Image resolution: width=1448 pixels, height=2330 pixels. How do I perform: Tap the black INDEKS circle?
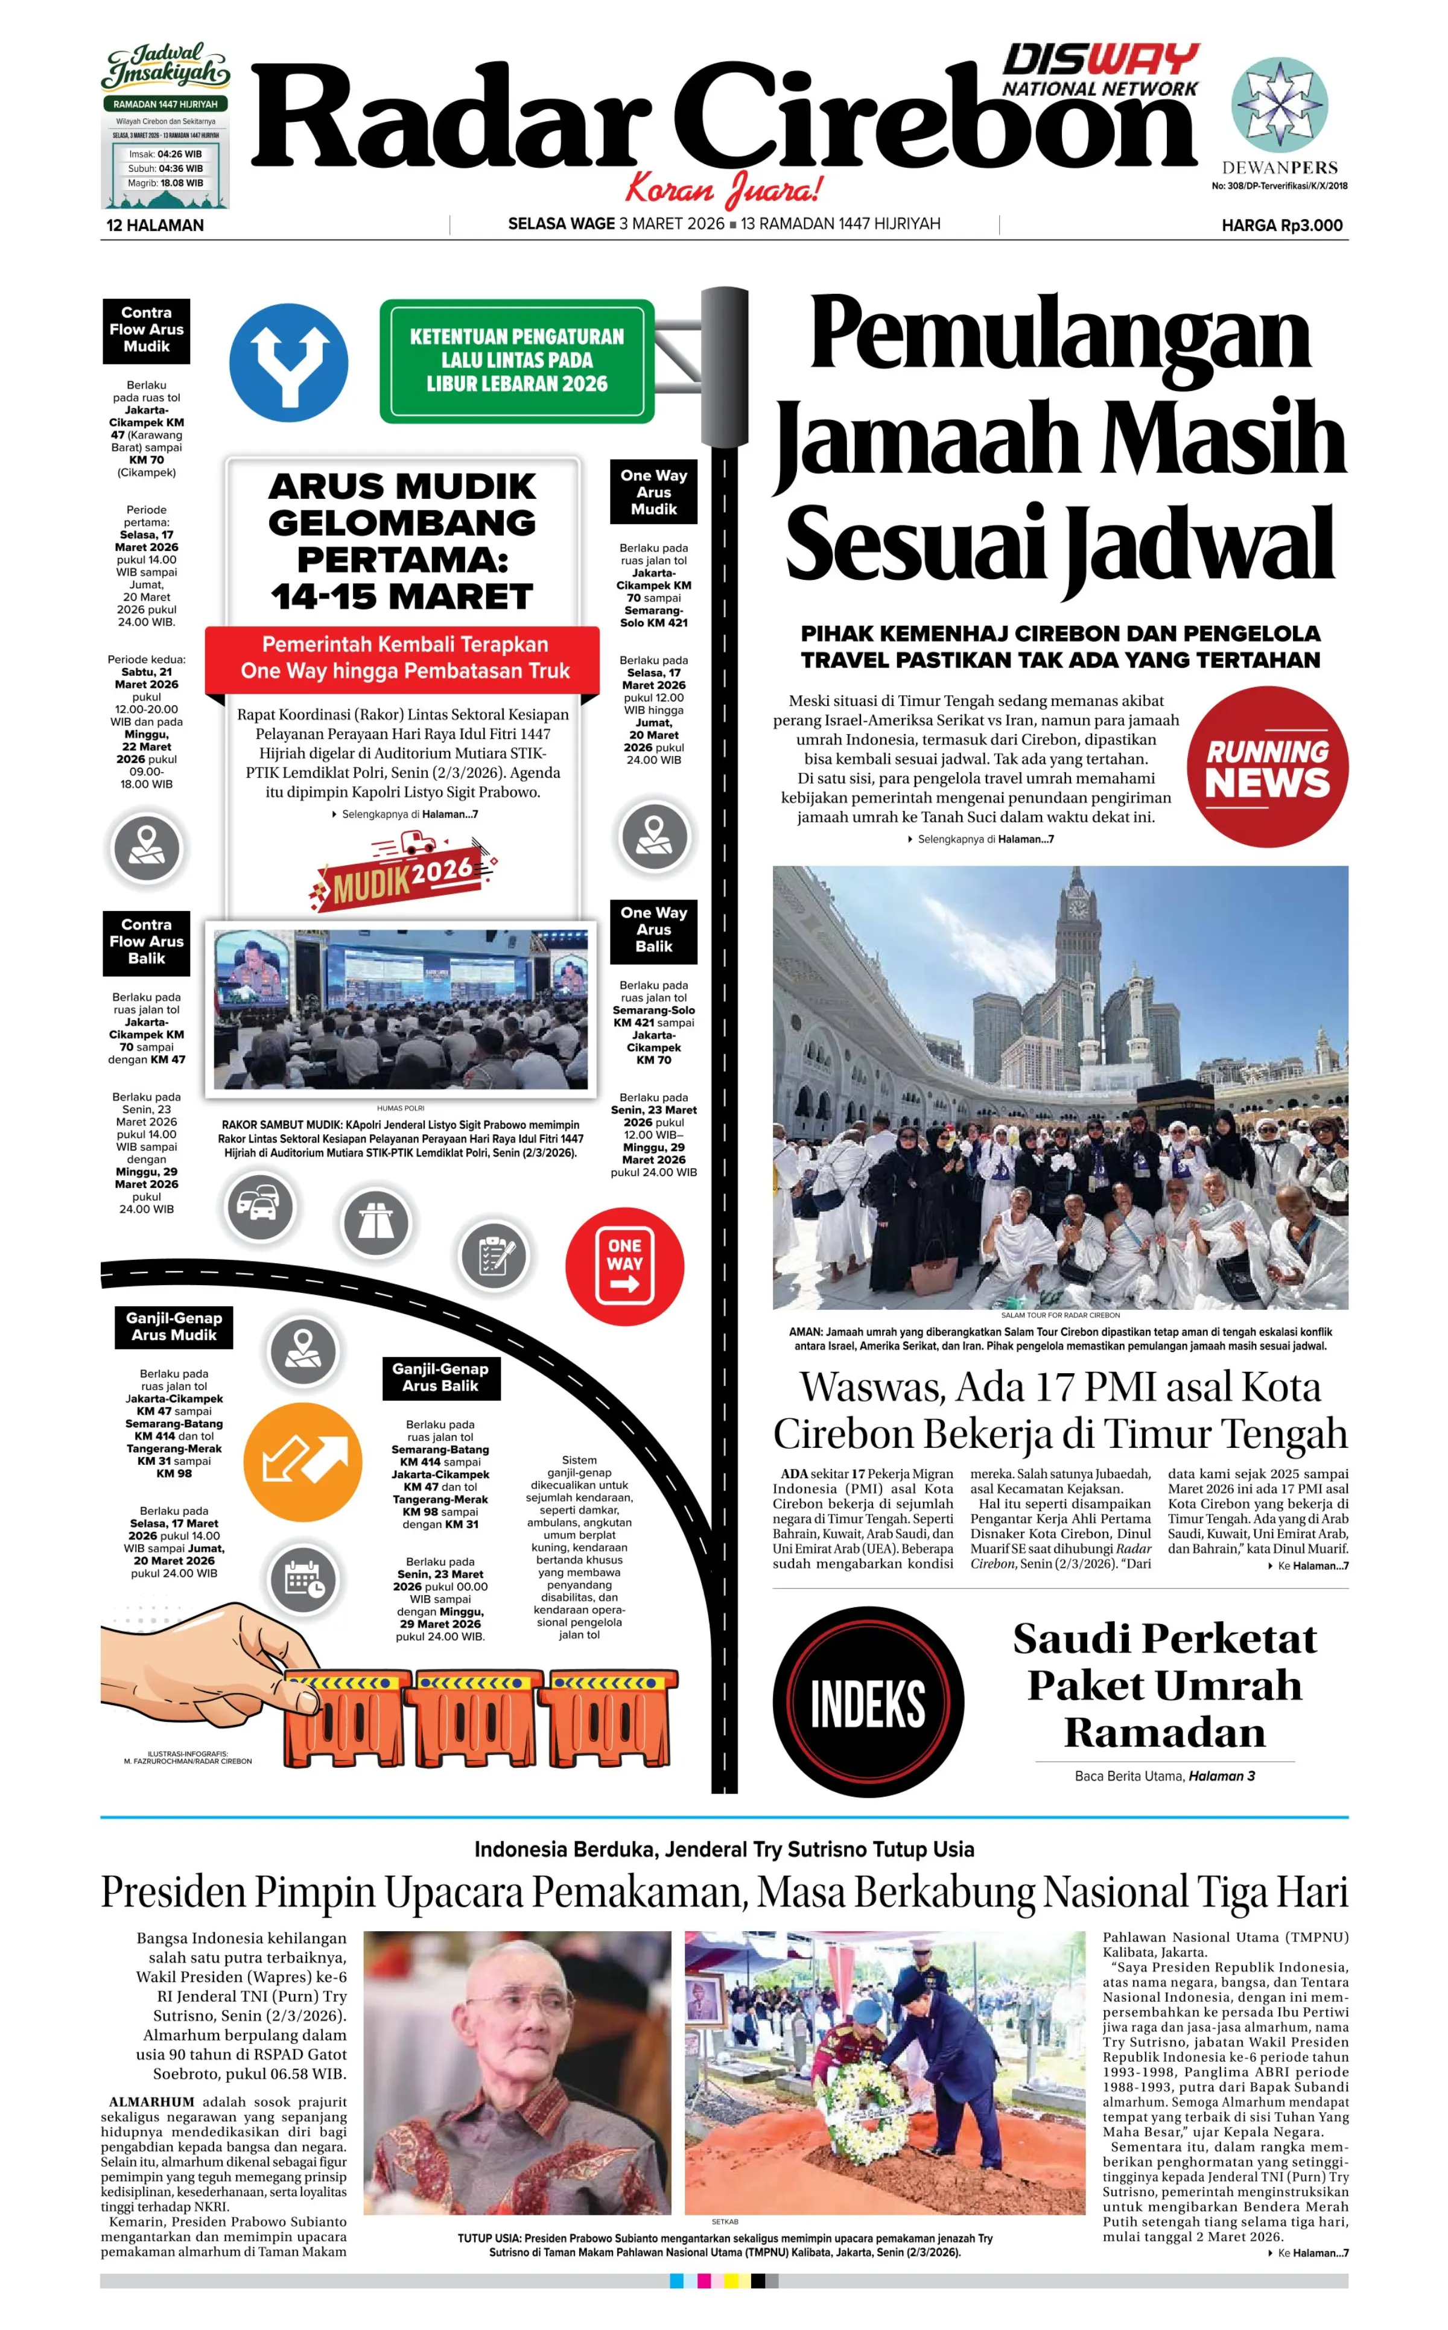click(x=868, y=1702)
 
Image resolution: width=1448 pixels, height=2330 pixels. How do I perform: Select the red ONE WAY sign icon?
click(x=624, y=1265)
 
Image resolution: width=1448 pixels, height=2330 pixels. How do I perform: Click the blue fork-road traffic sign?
click(x=288, y=363)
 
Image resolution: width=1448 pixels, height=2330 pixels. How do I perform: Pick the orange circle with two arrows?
click(x=303, y=1461)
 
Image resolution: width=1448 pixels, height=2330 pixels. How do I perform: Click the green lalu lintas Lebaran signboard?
click(x=516, y=361)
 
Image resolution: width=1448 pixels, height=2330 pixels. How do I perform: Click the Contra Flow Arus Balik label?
click(x=147, y=941)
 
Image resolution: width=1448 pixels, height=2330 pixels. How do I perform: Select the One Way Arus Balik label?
click(x=653, y=930)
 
